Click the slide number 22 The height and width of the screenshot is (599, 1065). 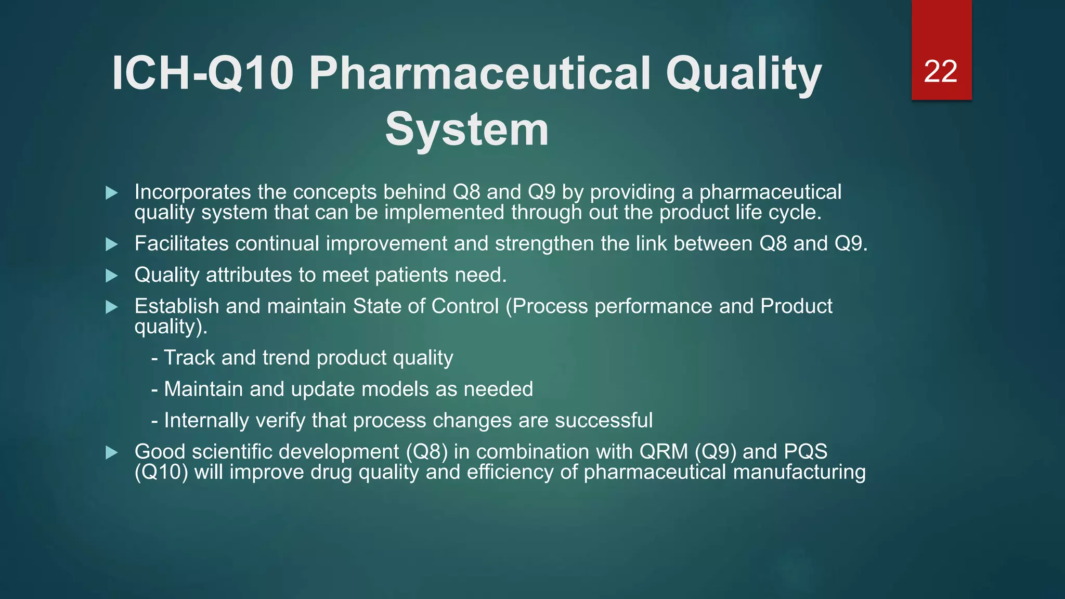tap(940, 71)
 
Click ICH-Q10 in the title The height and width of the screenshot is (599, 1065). tap(203, 74)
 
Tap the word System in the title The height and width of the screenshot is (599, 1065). tap(466, 129)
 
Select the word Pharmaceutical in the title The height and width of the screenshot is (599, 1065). tap(479, 74)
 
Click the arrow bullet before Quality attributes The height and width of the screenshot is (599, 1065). tap(111, 276)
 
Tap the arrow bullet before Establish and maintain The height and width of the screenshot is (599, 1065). tap(111, 307)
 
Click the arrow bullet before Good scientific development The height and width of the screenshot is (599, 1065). tap(111, 452)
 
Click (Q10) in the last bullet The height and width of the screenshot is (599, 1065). tap(161, 473)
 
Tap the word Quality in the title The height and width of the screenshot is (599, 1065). tap(744, 74)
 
